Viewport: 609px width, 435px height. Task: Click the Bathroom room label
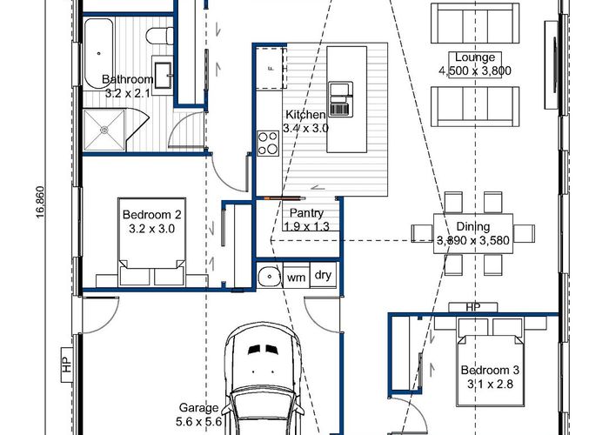pyautogui.click(x=127, y=79)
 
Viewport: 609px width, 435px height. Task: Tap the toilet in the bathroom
pyautogui.click(x=159, y=36)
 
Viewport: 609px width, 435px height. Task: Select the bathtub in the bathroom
pyautogui.click(x=99, y=53)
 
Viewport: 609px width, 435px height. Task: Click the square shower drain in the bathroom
pyautogui.click(x=104, y=130)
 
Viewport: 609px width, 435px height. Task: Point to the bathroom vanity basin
pyautogui.click(x=163, y=76)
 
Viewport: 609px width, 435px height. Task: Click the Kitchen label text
pyautogui.click(x=305, y=115)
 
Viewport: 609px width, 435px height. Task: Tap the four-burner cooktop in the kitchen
pyautogui.click(x=268, y=144)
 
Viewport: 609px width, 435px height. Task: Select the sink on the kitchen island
pyautogui.click(x=341, y=99)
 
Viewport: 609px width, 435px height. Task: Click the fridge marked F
pyautogui.click(x=271, y=69)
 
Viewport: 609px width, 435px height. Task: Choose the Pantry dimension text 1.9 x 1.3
pyautogui.click(x=306, y=226)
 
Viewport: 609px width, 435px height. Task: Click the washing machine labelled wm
pyautogui.click(x=297, y=276)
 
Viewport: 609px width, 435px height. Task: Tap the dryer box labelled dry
pyautogui.click(x=323, y=275)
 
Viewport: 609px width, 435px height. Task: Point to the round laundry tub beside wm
pyautogui.click(x=269, y=277)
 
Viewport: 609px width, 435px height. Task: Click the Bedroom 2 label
pyautogui.click(x=152, y=214)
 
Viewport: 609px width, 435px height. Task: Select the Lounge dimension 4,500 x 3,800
pyautogui.click(x=475, y=70)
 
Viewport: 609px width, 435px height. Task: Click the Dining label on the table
pyautogui.click(x=473, y=226)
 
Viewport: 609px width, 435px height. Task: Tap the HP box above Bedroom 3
pyautogui.click(x=473, y=307)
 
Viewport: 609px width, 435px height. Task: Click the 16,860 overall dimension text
pyautogui.click(x=40, y=203)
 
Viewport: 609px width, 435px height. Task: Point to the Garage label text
pyautogui.click(x=198, y=408)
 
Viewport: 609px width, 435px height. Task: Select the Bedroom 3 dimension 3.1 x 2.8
pyautogui.click(x=490, y=385)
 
